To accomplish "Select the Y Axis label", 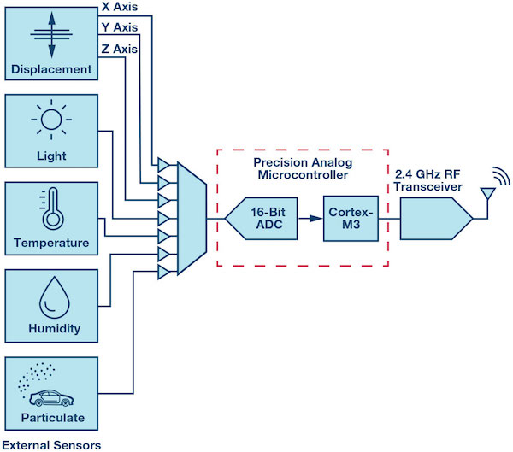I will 119,28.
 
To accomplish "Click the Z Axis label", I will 119,49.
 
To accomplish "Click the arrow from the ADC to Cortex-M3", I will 307,219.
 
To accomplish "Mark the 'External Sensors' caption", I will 51,444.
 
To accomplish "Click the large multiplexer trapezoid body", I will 192,218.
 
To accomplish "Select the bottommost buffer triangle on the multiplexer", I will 162,272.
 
